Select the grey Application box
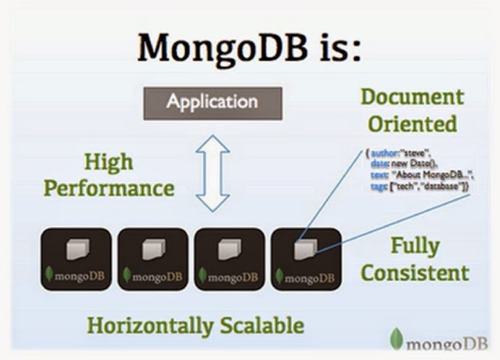pos(212,101)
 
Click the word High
pos(108,162)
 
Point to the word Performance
pos(108,188)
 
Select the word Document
pos(412,97)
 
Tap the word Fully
pos(415,246)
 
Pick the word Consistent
pos(415,273)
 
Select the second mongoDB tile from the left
pos(152,259)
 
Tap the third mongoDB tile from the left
pos(229,259)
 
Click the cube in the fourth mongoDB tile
pos(304,249)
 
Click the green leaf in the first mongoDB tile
pos(49,275)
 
